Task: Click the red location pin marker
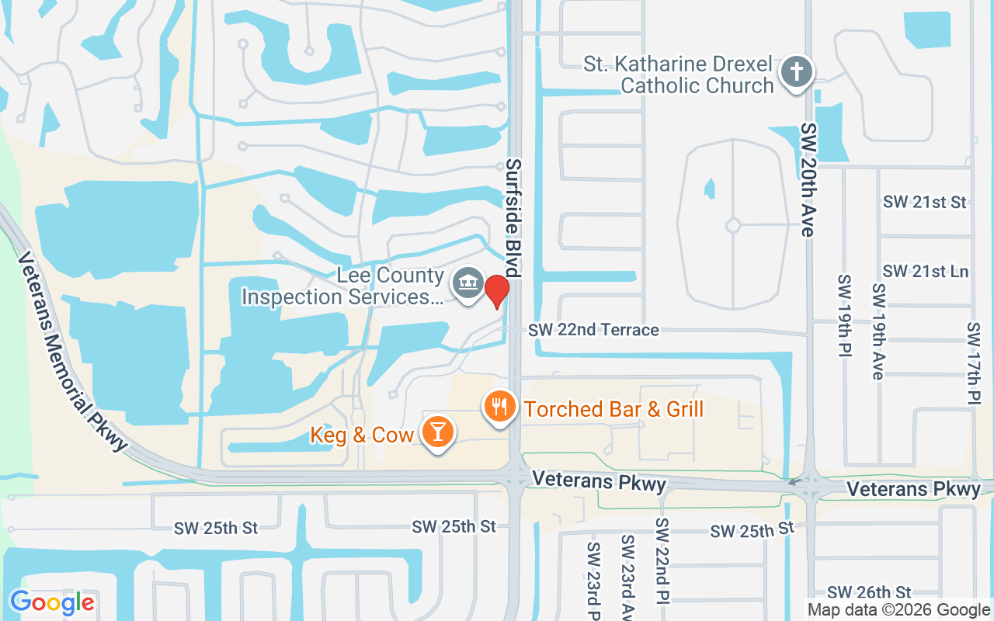[497, 291]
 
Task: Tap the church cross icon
[797, 72]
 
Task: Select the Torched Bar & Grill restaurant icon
[501, 406]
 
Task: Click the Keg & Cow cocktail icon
[438, 432]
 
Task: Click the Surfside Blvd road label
[513, 218]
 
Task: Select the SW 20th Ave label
[808, 179]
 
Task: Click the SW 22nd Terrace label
[593, 330]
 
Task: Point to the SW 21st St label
[924, 203]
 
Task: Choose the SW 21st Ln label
[926, 272]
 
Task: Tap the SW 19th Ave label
[878, 331]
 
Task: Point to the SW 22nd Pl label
[662, 560]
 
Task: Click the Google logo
[52, 602]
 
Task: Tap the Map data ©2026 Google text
[898, 610]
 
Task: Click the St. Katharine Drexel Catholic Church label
[679, 75]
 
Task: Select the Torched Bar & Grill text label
[613, 409]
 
